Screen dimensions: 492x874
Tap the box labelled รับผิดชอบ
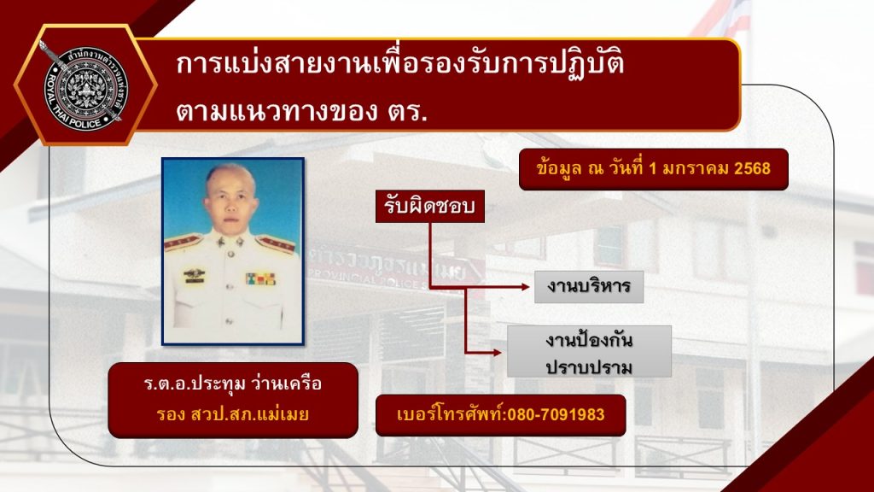(x=430, y=206)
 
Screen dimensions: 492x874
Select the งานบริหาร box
(x=589, y=287)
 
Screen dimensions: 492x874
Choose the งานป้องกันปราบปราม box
(x=589, y=351)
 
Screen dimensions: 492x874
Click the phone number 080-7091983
(x=556, y=415)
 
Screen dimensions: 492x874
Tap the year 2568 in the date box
(x=751, y=168)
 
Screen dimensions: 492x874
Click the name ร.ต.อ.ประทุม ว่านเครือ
(x=232, y=384)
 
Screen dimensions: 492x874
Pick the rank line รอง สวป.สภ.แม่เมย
(x=232, y=415)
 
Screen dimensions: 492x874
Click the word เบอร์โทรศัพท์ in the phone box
(x=451, y=415)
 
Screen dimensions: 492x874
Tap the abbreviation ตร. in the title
(x=404, y=111)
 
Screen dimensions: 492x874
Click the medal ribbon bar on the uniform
(x=260, y=278)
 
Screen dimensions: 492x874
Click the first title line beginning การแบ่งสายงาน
(x=399, y=66)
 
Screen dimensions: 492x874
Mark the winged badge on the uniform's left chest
(x=195, y=273)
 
